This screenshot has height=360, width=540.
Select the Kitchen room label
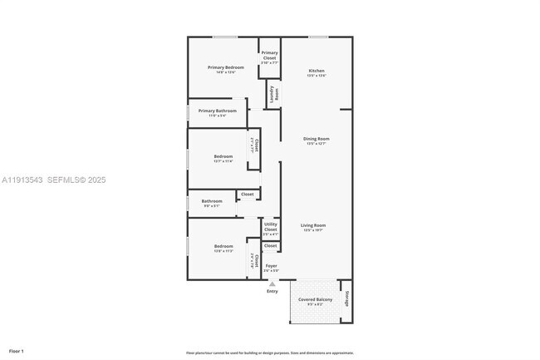(317, 71)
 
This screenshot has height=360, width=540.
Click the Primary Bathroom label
(217, 111)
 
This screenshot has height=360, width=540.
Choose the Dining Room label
(317, 139)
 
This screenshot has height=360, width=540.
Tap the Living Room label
(312, 225)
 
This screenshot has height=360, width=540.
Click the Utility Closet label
(271, 226)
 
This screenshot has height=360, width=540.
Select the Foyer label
(271, 265)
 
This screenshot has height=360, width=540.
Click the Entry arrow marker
(272, 284)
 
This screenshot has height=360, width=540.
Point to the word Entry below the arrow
(272, 291)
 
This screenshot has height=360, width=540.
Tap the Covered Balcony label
(315, 298)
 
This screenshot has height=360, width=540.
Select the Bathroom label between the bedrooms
(212, 200)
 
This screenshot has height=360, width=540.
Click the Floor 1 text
(17, 352)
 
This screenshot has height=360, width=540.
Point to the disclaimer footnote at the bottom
(270, 353)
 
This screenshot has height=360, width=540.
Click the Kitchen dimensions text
(317, 76)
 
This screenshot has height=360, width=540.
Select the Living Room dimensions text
(312, 230)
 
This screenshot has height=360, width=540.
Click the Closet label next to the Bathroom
(247, 195)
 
